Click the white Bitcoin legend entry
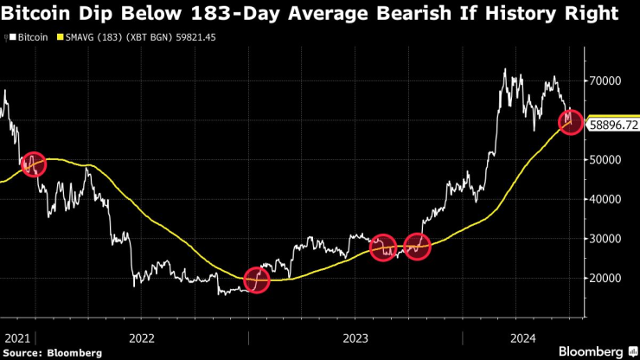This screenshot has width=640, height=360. pyautogui.click(x=29, y=38)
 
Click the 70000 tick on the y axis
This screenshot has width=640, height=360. pyautogui.click(x=608, y=80)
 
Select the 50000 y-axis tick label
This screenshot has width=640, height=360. pyautogui.click(x=608, y=160)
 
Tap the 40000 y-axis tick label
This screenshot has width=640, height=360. pyautogui.click(x=608, y=199)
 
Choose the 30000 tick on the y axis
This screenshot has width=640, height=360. pyautogui.click(x=608, y=239)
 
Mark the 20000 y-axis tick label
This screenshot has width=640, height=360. pyautogui.click(x=608, y=279)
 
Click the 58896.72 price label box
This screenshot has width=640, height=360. pyautogui.click(x=613, y=125)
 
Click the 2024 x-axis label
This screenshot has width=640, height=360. pyautogui.click(x=523, y=337)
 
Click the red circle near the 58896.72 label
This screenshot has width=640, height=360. pyautogui.click(x=569, y=120)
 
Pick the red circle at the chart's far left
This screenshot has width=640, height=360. pyautogui.click(x=33, y=164)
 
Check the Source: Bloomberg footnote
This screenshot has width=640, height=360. pyautogui.click(x=52, y=352)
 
